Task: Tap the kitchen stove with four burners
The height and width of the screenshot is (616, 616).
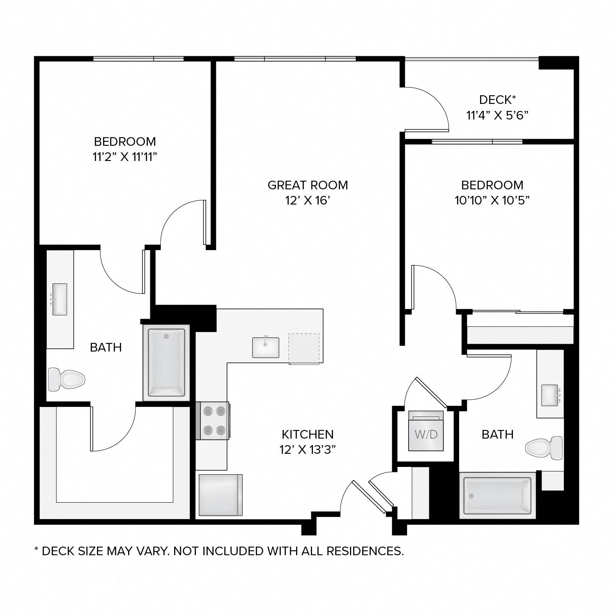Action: click(x=213, y=420)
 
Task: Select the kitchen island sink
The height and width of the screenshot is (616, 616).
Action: click(x=265, y=347)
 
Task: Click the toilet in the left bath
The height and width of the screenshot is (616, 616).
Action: click(x=66, y=379)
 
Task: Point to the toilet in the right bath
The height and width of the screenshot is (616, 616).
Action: click(x=545, y=446)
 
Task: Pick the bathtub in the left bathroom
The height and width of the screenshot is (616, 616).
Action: click(x=166, y=363)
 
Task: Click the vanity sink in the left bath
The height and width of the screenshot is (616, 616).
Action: click(x=60, y=299)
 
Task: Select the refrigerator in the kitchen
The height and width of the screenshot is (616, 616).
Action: click(x=220, y=495)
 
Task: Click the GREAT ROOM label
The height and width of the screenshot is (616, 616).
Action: click(x=308, y=185)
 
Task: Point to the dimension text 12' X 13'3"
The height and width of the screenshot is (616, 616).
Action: click(x=308, y=450)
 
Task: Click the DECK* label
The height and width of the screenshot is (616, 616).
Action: click(x=497, y=100)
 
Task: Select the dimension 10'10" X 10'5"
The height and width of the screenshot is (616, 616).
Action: click(x=492, y=200)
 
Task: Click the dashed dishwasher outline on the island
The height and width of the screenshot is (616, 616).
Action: click(x=304, y=349)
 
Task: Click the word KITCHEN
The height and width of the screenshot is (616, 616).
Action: click(x=308, y=434)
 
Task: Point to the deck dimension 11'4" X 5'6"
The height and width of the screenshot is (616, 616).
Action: click(x=497, y=115)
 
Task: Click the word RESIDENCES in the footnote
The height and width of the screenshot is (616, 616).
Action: click(x=361, y=551)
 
